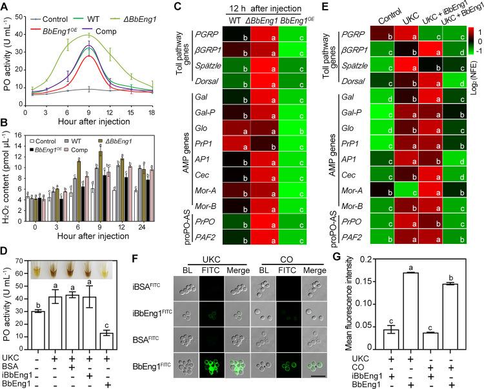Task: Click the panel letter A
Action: click(x=5, y=6)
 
